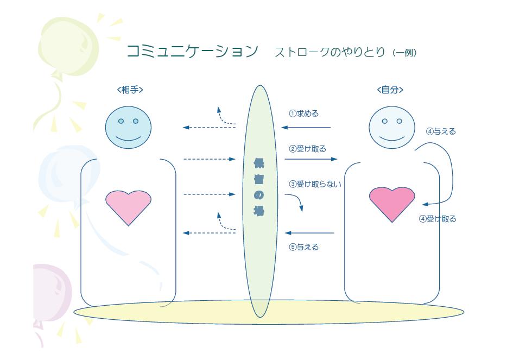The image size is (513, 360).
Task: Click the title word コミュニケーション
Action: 192,52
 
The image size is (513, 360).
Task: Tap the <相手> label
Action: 130,90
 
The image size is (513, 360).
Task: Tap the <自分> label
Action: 390,90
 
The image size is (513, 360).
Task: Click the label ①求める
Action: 304,114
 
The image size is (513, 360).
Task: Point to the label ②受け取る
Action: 308,149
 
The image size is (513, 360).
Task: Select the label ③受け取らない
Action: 315,184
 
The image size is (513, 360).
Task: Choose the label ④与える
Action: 441,131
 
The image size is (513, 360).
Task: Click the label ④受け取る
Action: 438,219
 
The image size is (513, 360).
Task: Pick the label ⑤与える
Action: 304,248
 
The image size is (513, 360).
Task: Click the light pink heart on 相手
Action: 128,207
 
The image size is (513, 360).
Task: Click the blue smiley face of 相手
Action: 128,128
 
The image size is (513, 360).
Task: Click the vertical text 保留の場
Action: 259,187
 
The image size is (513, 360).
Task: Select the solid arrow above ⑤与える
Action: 309,233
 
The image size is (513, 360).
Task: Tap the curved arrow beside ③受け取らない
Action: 297,203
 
